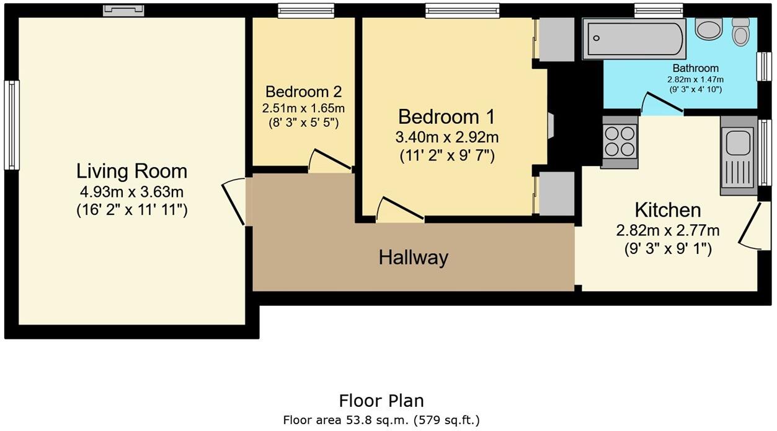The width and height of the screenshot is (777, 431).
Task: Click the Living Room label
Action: tap(132, 171)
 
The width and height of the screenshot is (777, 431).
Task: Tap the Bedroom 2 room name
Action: tap(303, 92)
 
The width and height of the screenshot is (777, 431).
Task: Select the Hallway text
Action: tap(413, 258)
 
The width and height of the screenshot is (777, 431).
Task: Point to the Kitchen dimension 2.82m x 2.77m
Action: tap(668, 230)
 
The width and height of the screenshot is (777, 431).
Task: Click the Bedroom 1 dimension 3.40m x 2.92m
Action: tap(446, 137)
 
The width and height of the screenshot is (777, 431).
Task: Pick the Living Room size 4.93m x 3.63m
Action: tap(132, 191)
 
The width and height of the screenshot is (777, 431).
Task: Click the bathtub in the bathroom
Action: tap(634, 39)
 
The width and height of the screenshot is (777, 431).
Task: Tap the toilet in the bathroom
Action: tap(740, 32)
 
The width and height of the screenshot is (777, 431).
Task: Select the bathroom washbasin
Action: tap(709, 28)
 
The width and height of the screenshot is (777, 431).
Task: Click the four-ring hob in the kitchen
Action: tap(619, 142)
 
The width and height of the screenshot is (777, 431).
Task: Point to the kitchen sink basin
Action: tap(737, 142)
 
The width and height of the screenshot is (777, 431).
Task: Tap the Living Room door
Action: tap(234, 202)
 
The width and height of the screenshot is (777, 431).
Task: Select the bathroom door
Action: tap(662, 103)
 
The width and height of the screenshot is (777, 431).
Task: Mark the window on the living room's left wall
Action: tap(12, 125)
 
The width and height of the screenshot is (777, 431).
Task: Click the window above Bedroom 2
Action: tap(306, 11)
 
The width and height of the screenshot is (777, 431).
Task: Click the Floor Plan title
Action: tap(381, 401)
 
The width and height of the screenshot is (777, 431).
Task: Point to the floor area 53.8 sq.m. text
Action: tap(381, 420)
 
